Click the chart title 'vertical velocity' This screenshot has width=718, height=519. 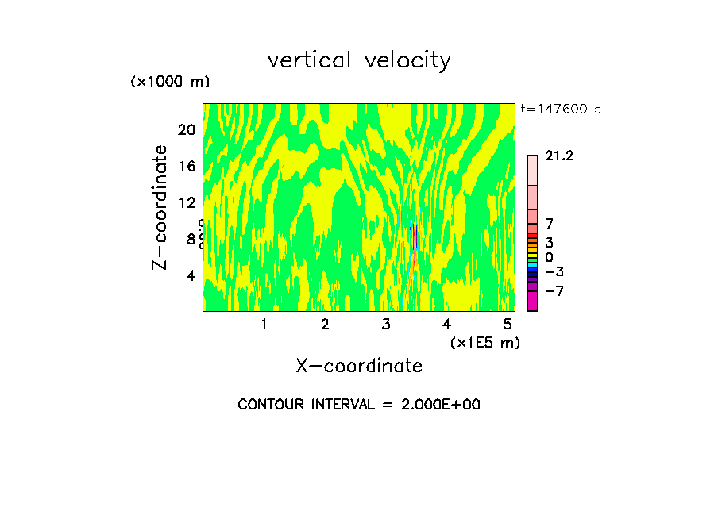tap(359, 60)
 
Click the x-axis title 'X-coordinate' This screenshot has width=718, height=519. tap(359, 366)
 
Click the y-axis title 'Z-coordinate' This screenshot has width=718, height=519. tap(160, 207)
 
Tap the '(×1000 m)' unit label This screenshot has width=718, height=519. tap(169, 82)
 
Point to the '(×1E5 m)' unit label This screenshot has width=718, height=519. tap(484, 343)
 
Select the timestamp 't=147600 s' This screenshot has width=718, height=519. tap(560, 110)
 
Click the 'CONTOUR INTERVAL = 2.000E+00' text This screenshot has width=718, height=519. tap(359, 405)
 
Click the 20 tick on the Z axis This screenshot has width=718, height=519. tap(186, 129)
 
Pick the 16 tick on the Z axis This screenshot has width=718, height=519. tap(186, 166)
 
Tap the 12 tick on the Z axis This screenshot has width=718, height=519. tap(186, 202)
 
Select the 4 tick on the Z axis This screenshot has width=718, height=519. tap(191, 275)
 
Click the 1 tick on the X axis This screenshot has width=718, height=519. tap(264, 325)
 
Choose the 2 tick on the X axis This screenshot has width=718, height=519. tap(325, 325)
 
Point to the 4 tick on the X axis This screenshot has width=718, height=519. tap(447, 325)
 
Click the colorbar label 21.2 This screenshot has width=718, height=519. tap(559, 156)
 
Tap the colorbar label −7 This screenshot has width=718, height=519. tap(554, 291)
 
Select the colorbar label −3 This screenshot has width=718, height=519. tap(554, 272)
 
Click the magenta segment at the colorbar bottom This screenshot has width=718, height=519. tap(532, 302)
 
